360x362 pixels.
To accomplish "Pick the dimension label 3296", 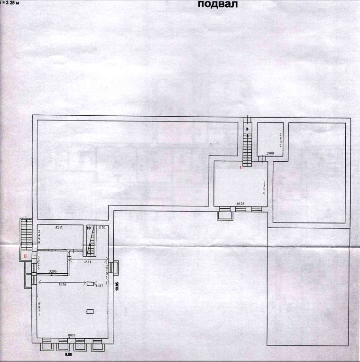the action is pyautogui.click(x=55, y=272).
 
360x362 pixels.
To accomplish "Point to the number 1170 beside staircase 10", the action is pyautogui.click(x=102, y=228).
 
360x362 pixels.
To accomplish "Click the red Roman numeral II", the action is pyautogui.click(x=25, y=256).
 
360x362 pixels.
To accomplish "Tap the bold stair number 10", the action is pyautogui.click(x=88, y=228).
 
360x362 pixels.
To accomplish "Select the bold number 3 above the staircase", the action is pyautogui.click(x=247, y=129).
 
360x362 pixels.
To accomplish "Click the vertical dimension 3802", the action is pyautogui.click(x=280, y=141).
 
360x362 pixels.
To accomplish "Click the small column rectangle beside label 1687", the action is pyautogui.click(x=90, y=284).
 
